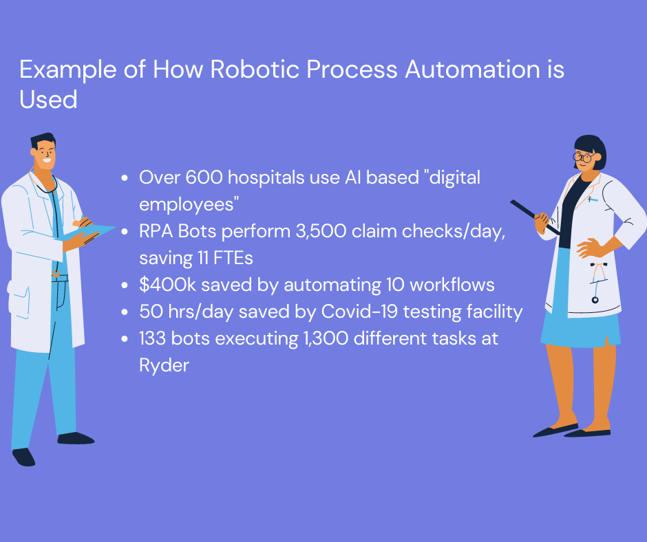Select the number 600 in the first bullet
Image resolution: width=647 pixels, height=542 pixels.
pos(201,177)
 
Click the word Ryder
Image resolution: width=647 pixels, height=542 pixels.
pos(164,365)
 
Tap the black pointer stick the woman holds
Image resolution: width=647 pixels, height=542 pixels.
pos(533,216)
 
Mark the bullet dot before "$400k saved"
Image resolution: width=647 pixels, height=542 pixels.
pos(124,285)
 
